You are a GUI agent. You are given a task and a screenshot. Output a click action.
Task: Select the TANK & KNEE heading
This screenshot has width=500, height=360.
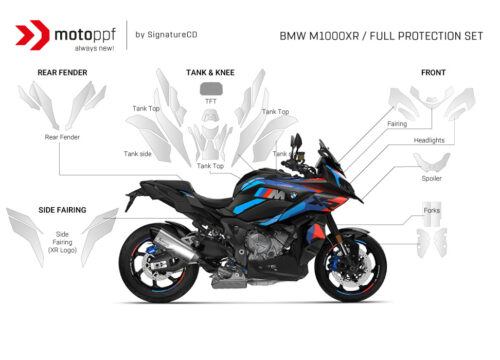tap(211, 72)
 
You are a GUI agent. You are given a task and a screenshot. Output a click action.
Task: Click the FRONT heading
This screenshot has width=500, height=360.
tap(434, 72)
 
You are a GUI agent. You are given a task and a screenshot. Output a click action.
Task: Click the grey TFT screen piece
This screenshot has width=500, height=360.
tap(211, 88)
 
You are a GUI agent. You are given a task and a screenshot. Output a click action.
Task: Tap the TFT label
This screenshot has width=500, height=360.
tap(211, 103)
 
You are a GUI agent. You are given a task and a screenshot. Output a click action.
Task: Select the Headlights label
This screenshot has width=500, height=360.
tap(430, 140)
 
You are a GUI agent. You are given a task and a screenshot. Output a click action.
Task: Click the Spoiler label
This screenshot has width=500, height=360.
tap(431, 178)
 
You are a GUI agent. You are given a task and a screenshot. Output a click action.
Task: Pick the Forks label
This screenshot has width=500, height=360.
tap(431, 211)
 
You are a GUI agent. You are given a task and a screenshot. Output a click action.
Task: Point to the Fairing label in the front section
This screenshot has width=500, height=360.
tap(397, 124)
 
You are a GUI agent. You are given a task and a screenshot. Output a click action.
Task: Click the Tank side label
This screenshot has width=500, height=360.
tap(138, 153)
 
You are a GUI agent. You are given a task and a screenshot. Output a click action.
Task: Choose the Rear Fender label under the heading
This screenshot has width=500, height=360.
tap(62, 137)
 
